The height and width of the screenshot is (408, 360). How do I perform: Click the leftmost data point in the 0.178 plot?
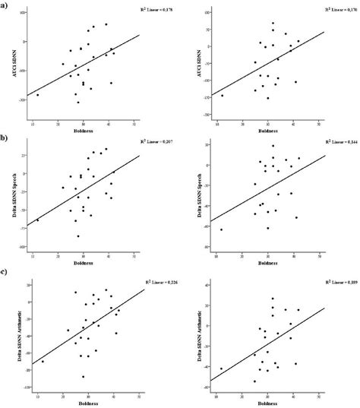37,95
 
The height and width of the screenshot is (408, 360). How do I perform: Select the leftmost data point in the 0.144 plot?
221,229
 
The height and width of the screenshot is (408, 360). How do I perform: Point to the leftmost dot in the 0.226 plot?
43,362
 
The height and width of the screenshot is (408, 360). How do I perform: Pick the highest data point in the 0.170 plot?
273,24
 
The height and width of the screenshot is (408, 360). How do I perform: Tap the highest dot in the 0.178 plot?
106,24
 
